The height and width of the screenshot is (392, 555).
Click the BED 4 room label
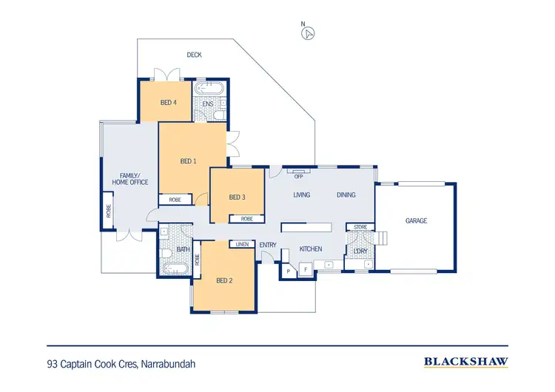point(168,103)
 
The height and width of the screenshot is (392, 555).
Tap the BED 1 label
point(188,160)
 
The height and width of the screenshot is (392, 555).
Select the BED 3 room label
point(236,197)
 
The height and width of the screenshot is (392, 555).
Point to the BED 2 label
point(224,280)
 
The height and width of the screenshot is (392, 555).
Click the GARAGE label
point(416,220)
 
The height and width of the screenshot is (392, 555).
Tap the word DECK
point(194,55)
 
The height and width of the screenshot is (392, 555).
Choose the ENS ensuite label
point(208,104)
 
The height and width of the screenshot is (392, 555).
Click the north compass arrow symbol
point(309,32)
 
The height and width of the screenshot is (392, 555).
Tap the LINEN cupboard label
point(241,244)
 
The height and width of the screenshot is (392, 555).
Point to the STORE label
point(360,227)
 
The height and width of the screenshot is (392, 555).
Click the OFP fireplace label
point(299,176)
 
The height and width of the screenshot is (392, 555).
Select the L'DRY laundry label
point(360,250)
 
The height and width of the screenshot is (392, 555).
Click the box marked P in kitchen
point(289,271)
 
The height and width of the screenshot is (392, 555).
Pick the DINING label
point(346,195)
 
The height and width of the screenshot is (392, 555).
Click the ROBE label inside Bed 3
point(246,219)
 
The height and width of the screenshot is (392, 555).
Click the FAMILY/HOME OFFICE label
point(130,178)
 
